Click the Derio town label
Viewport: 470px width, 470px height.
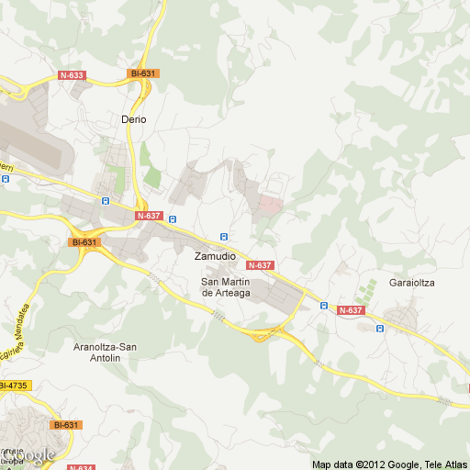(x=134, y=119)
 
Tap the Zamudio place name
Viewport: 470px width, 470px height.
(x=215, y=257)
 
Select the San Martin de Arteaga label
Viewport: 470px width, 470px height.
(x=226, y=286)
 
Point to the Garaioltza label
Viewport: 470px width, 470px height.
(x=411, y=283)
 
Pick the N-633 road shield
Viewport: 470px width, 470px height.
(x=71, y=75)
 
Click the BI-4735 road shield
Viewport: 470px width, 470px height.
(x=14, y=385)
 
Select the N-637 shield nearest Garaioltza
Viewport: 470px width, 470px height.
(x=351, y=310)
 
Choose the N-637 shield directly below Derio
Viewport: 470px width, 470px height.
(x=148, y=216)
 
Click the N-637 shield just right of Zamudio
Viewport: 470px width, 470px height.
(x=261, y=265)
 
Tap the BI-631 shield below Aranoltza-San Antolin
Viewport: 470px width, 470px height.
(x=66, y=425)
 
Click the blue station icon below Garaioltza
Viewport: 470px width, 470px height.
(x=379, y=328)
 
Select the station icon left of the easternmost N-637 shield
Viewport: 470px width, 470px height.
(x=323, y=306)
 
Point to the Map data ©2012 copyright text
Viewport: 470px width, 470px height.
(x=389, y=464)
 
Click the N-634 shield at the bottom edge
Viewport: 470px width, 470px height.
(x=81, y=467)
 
